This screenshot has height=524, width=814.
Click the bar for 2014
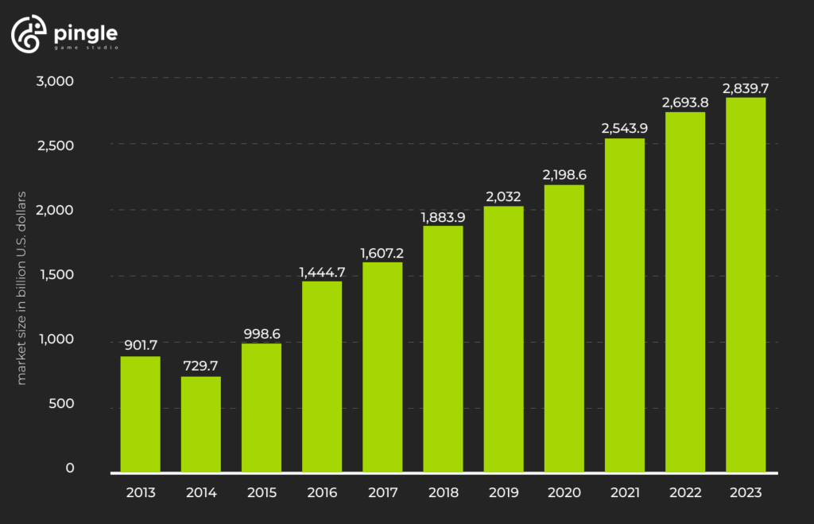[201, 424]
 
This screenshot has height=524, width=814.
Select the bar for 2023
[746, 285]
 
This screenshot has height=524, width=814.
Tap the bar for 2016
[322, 376]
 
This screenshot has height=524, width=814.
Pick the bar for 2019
[503, 339]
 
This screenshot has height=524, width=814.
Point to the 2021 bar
[625, 305]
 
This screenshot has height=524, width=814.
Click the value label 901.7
[141, 345]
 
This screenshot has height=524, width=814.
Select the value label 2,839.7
[746, 87]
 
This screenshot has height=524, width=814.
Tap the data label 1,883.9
[443, 215]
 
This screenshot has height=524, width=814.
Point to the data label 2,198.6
[564, 173]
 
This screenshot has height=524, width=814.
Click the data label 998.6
[262, 332]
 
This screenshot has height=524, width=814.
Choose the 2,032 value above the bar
[503, 195]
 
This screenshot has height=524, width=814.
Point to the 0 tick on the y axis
[70, 468]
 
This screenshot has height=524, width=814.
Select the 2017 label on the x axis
[382, 493]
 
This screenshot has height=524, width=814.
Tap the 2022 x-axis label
[685, 493]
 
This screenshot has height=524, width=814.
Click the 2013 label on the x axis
[141, 493]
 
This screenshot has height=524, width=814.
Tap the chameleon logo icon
[25, 36]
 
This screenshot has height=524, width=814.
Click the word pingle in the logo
[85, 33]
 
